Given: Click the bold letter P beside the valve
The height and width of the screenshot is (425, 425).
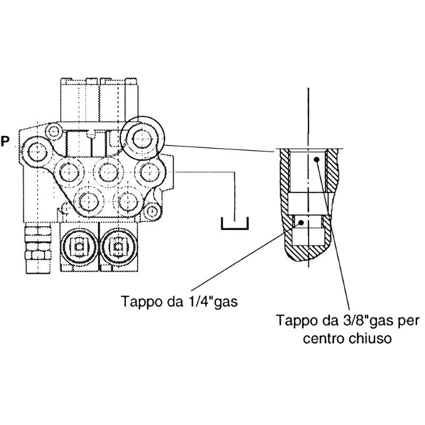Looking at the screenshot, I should pyautogui.click(x=5, y=141).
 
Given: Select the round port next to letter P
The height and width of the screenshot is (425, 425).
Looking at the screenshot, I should pyautogui.click(x=37, y=151).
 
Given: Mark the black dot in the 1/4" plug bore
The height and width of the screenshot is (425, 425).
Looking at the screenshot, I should pyautogui.click(x=302, y=223).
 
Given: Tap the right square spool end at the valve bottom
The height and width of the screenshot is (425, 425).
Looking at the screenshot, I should pyautogui.click(x=117, y=246).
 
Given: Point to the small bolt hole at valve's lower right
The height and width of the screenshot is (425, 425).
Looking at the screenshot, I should pyautogui.click(x=152, y=211).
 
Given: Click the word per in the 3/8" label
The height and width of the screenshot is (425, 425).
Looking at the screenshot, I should pyautogui.click(x=410, y=321).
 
